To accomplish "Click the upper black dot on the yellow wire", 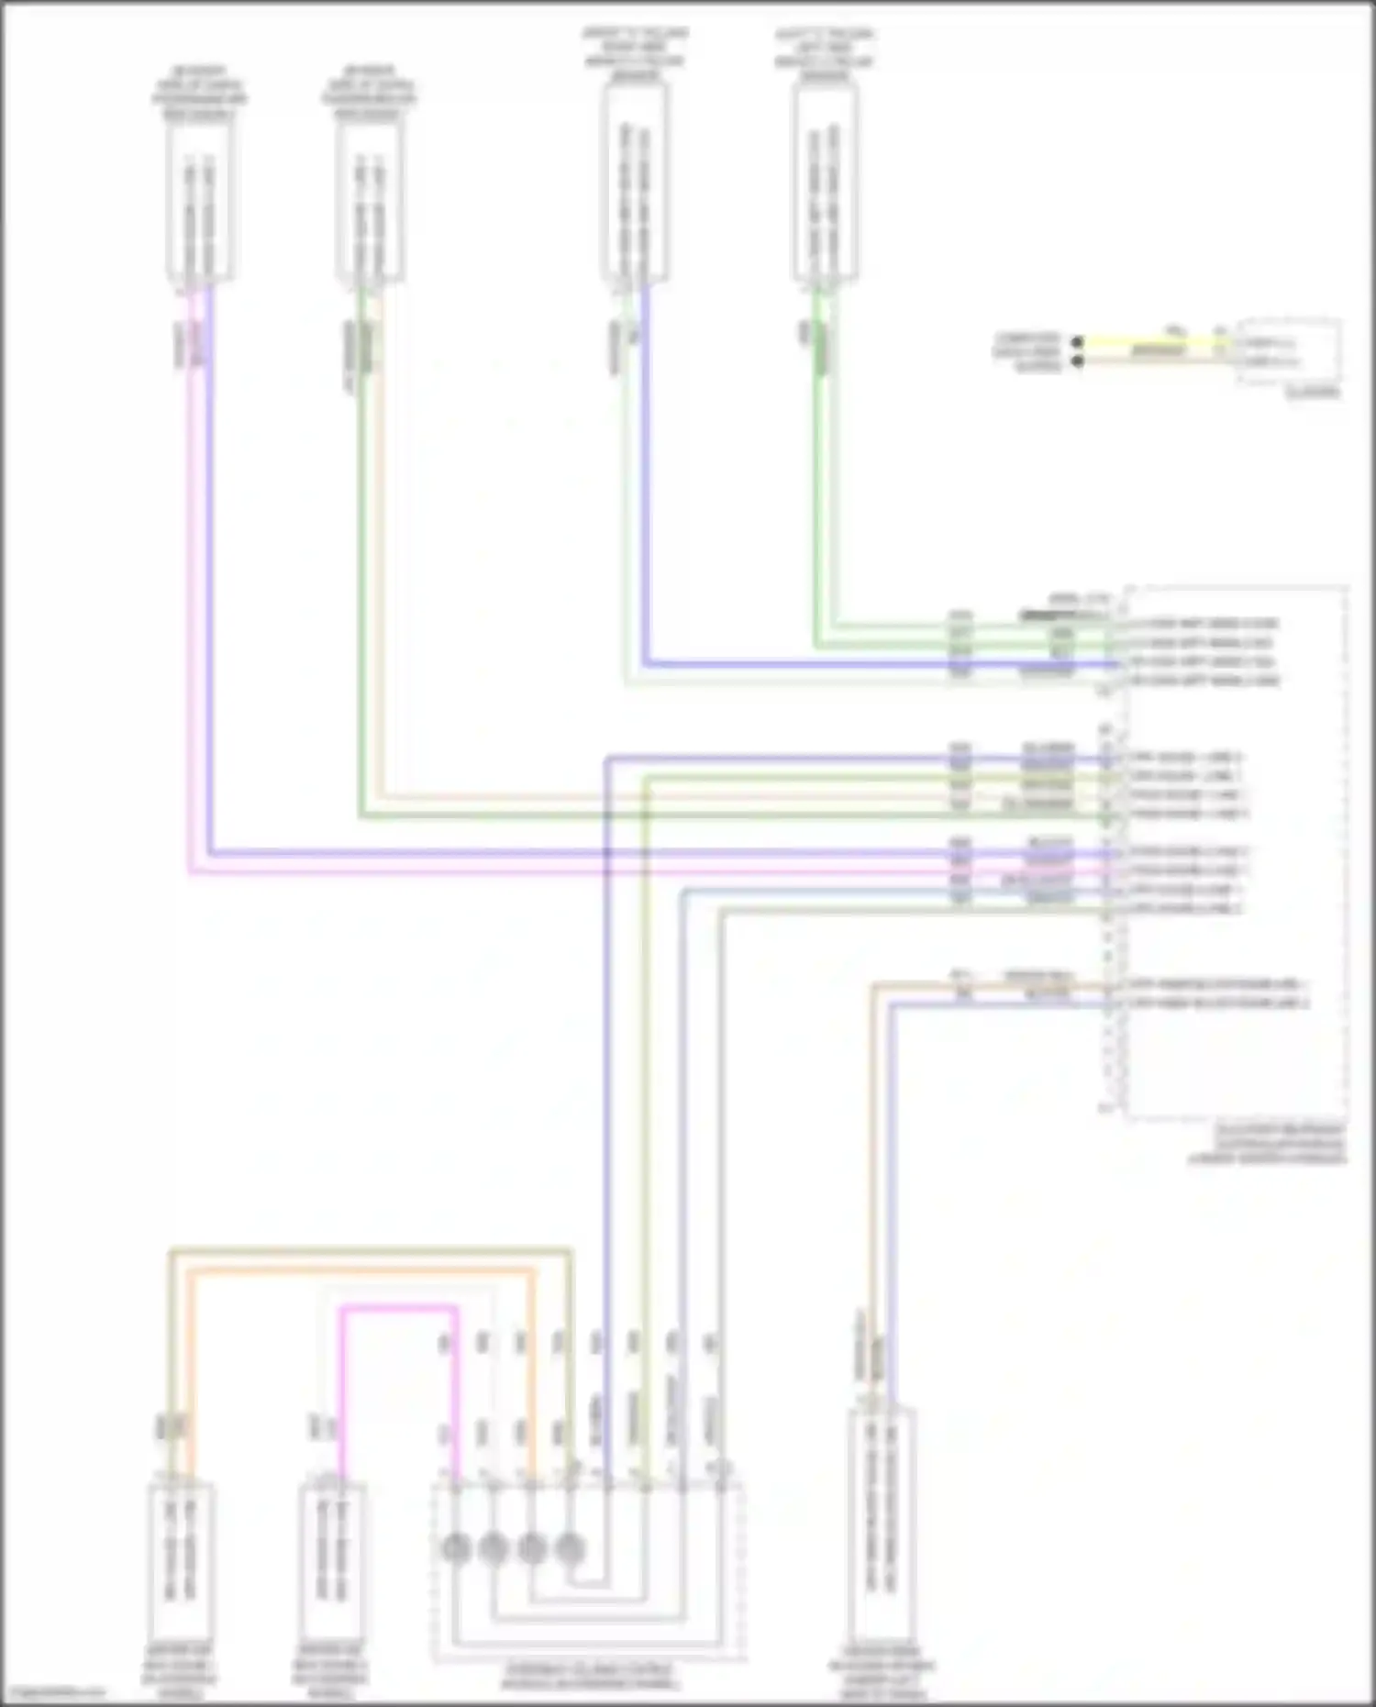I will tap(1078, 342).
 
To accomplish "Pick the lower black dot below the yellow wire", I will tap(1078, 360).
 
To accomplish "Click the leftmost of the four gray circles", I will tap(456, 1549).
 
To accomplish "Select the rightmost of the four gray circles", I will tap(570, 1549).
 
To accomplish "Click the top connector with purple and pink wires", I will tap(199, 202).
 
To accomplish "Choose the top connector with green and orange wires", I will tap(370, 202).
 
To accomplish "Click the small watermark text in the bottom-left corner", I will tap(53, 1693).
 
